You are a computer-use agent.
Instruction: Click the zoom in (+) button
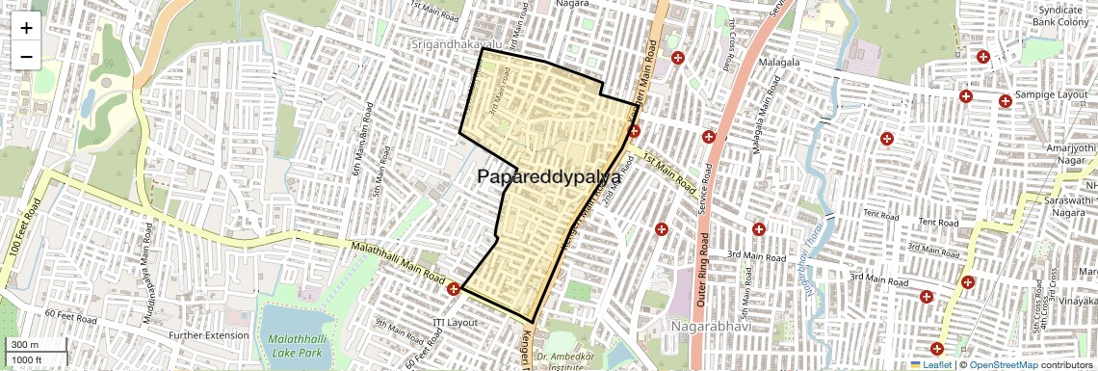click(x=26, y=28)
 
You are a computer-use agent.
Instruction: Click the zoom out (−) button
click(x=26, y=56)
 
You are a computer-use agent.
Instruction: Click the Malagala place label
click(x=782, y=64)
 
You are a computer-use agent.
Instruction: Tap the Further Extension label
click(x=208, y=335)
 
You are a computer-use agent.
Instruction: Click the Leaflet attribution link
click(x=932, y=364)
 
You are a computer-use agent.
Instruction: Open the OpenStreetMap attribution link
click(x=1003, y=364)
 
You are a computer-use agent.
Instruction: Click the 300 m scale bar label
click(x=25, y=345)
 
